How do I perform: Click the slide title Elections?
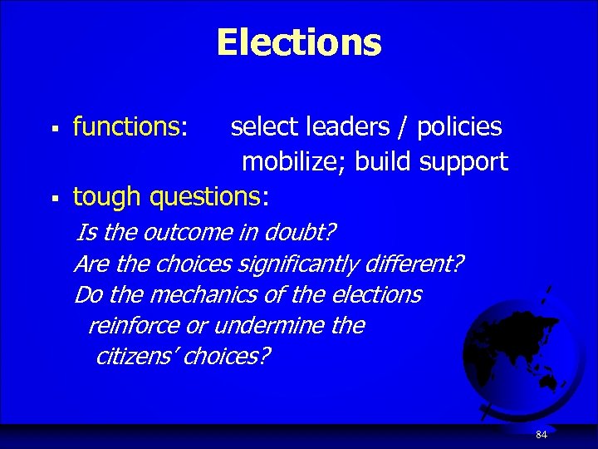point(299,42)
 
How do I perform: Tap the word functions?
point(128,126)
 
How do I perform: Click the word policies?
point(459,126)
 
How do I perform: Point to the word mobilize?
point(293,161)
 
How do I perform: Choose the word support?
point(463,162)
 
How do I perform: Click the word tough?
point(106,197)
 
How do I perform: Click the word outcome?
point(184,230)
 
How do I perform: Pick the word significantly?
point(296,264)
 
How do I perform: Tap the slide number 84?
point(542,435)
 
